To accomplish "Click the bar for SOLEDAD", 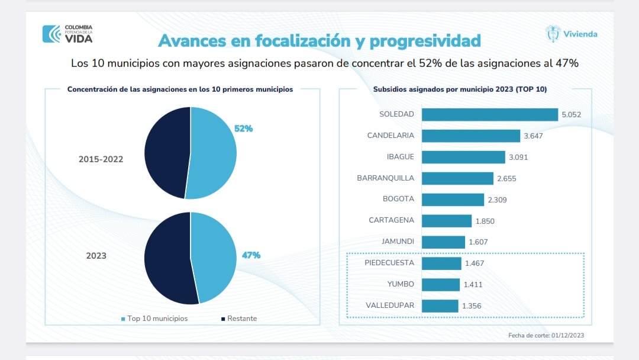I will pos(489,114).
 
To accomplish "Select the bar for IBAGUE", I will pos(462,157).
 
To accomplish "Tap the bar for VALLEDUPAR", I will pos(440,306).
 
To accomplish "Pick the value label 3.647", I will pos(533,136).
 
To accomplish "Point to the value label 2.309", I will pos(497,200).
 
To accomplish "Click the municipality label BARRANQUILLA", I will pos(385,178).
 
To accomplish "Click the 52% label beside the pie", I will pos(243,128).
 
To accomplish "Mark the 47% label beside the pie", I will pos(251,255).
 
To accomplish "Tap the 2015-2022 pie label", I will pos(101,159).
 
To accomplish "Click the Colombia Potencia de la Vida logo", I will pos(67,33).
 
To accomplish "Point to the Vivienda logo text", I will pos(580,34).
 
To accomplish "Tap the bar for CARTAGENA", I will pos(446,221).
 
